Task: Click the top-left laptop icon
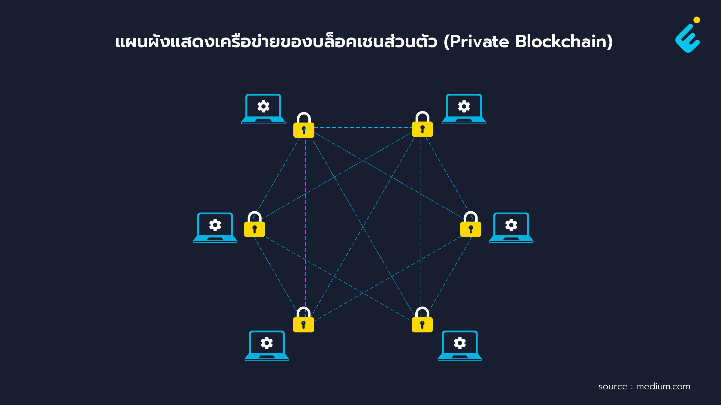click(x=263, y=109)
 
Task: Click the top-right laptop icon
click(x=464, y=109)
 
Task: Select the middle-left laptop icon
click(x=215, y=228)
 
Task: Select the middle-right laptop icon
click(x=511, y=228)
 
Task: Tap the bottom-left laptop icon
click(x=267, y=346)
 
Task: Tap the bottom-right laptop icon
click(x=460, y=346)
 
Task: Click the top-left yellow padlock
click(x=304, y=125)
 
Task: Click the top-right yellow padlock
click(x=423, y=124)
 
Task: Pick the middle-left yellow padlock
click(x=255, y=224)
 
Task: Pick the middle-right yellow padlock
click(x=471, y=224)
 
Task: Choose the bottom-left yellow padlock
click(x=304, y=319)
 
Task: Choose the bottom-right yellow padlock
click(x=422, y=319)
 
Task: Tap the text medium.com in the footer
click(x=663, y=386)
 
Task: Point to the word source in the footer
click(x=613, y=387)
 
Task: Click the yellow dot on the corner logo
click(x=697, y=20)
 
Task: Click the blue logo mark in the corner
click(x=688, y=38)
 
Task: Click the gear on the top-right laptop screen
click(x=464, y=106)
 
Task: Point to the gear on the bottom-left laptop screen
click(x=267, y=343)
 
